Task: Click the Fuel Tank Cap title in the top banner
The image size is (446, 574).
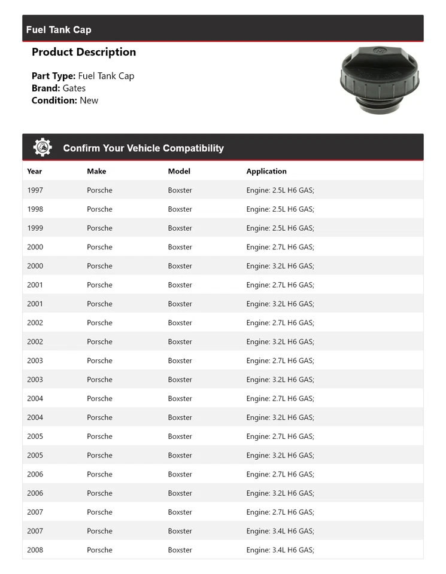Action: pos(59,30)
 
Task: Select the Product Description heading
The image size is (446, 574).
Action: pos(84,52)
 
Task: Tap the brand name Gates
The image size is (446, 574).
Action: pos(74,88)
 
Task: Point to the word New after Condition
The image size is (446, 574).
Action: pos(89,100)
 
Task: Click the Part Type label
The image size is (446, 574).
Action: pos(53,76)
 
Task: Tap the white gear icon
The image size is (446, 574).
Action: pos(43,148)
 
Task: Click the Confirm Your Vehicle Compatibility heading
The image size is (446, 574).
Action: pos(143,148)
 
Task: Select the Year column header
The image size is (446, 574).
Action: pos(35,171)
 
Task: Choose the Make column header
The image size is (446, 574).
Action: pos(96,171)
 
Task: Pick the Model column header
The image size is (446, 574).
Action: pos(179,171)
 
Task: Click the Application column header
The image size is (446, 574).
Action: pos(266,171)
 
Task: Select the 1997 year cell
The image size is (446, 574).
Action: pos(35,190)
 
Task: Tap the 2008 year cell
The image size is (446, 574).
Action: pos(35,550)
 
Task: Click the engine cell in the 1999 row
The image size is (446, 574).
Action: pos(280,228)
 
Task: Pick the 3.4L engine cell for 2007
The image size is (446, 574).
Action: pos(280,531)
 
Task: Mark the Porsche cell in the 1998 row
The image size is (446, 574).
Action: pos(99,209)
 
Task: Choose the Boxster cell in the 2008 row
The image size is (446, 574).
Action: pos(180,550)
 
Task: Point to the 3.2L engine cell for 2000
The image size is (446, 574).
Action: pos(280,266)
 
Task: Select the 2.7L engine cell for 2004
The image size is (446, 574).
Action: pos(280,398)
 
